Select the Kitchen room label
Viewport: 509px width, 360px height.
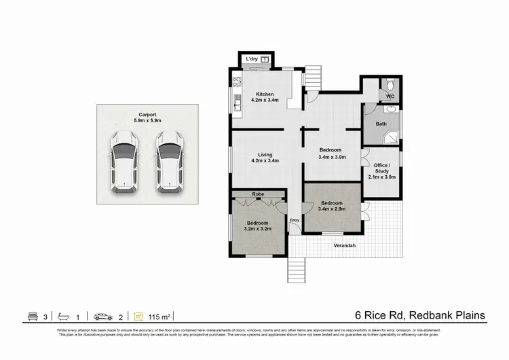pos(264,94)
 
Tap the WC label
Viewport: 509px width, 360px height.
pos(390,97)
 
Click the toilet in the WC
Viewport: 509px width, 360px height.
pos(390,84)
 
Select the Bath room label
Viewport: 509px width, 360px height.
pos(381,124)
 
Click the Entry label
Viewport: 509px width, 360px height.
pos(295,220)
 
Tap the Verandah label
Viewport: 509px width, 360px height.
pos(345,245)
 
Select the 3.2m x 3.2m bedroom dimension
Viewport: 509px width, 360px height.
pos(258,229)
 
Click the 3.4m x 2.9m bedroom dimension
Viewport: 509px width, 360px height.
pos(332,209)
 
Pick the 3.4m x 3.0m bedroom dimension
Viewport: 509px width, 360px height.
pos(332,156)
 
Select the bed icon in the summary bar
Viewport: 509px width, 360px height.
pos(32,317)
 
